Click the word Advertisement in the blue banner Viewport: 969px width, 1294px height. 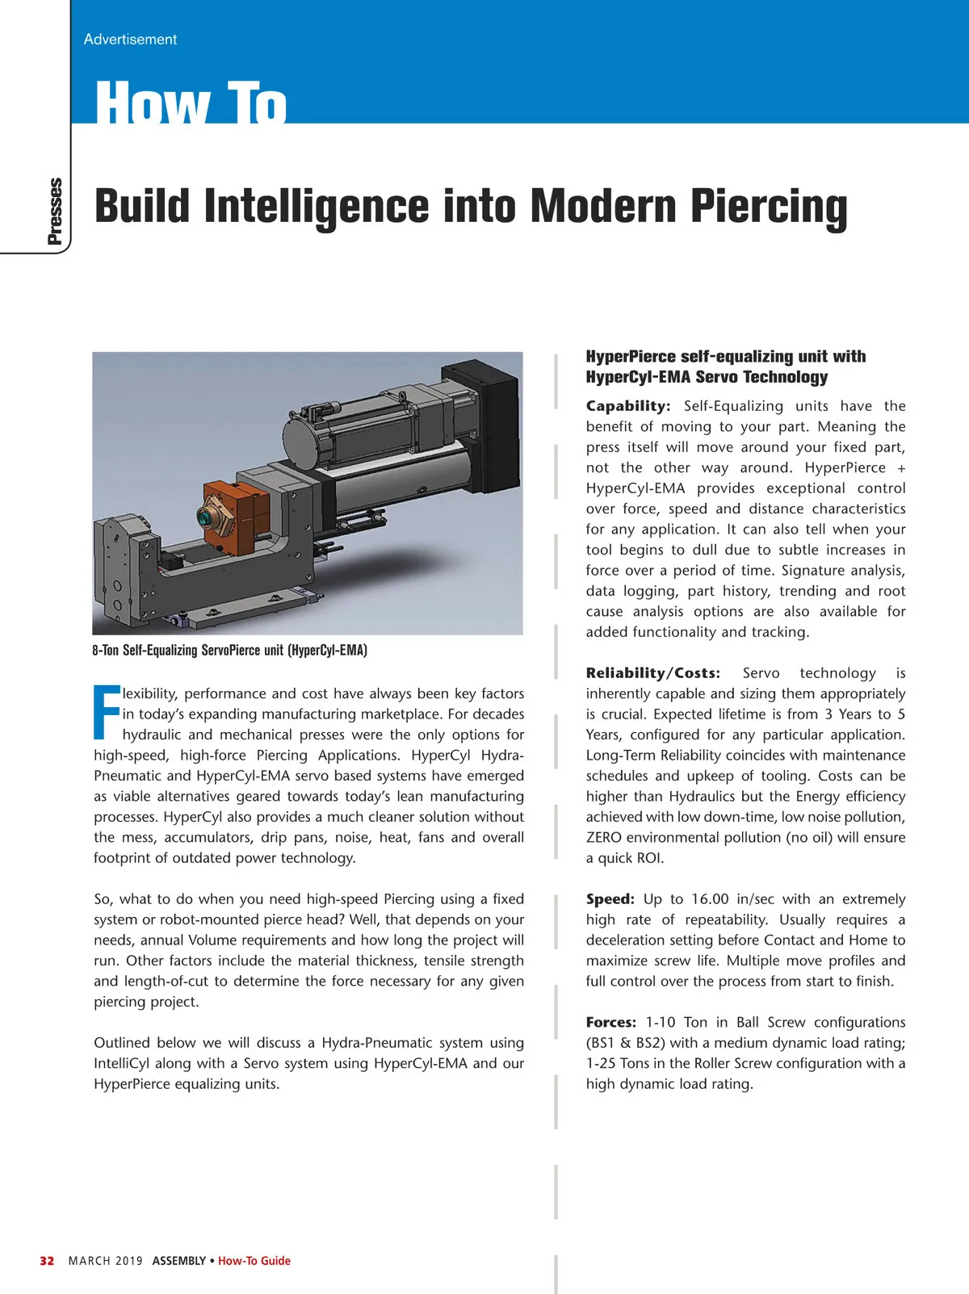click(x=130, y=39)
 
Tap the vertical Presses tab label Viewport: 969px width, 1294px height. click(x=54, y=211)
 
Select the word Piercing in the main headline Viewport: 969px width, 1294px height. click(x=768, y=207)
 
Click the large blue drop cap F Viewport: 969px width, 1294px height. click(x=107, y=712)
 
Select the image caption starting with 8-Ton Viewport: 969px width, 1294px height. click(x=229, y=651)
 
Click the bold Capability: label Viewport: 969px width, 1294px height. click(x=627, y=406)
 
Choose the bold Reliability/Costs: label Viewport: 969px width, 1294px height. click(x=652, y=673)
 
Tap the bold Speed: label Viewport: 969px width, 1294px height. click(x=610, y=899)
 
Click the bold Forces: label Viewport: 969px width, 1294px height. click(x=610, y=1023)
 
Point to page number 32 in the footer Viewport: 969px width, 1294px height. click(x=47, y=1261)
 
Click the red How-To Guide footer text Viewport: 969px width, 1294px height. click(x=254, y=1261)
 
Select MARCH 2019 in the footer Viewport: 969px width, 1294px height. click(x=106, y=1261)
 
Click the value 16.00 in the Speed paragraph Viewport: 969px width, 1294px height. click(x=710, y=899)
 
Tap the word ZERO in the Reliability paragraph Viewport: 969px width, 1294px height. click(x=603, y=838)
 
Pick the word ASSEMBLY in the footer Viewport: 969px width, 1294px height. click(x=178, y=1261)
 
